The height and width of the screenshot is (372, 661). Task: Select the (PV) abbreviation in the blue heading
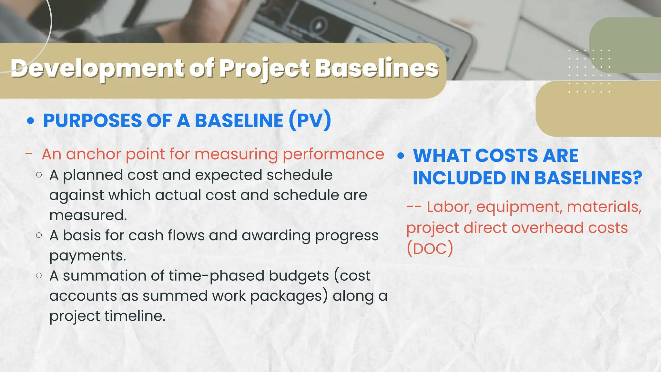pyautogui.click(x=310, y=120)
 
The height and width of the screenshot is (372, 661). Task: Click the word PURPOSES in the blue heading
pyautogui.click(x=93, y=121)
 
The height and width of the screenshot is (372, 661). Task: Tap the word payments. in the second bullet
pyautogui.click(x=87, y=256)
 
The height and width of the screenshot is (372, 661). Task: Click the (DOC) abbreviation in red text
pyautogui.click(x=430, y=249)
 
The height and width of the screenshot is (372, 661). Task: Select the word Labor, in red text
pyautogui.click(x=449, y=207)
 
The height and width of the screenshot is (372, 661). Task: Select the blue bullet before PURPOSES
pyautogui.click(x=31, y=121)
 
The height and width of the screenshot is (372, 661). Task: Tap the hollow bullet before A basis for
pyautogui.click(x=39, y=235)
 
